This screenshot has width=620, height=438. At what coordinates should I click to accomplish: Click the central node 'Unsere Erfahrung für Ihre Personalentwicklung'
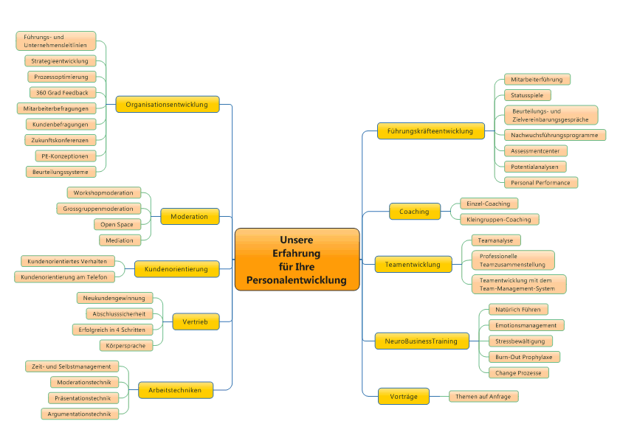coord(297,260)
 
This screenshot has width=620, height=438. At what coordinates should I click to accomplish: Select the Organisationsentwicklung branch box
coord(167,105)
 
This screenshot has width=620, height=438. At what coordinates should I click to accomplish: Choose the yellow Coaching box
coord(414,212)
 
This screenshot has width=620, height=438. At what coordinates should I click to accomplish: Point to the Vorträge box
coord(403,397)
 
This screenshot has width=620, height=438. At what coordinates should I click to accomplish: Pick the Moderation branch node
coord(190,217)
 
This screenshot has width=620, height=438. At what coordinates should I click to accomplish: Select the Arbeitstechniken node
coord(175,390)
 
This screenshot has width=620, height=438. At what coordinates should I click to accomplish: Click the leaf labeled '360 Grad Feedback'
coord(62,93)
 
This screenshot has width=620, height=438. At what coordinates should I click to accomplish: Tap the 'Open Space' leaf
coord(117,224)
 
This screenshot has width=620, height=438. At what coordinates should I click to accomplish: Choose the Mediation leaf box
coord(120,240)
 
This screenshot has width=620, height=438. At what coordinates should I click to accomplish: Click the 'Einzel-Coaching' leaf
coord(488,204)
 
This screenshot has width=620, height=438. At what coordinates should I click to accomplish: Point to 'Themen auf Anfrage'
coord(483,397)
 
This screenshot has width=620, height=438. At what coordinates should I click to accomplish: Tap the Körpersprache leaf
coord(126,345)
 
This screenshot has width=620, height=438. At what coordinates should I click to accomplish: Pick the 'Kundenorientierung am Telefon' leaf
coord(63,277)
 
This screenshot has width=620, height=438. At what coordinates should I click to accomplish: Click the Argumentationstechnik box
coord(80,414)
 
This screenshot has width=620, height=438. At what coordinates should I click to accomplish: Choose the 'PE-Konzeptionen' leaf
coord(65,156)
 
